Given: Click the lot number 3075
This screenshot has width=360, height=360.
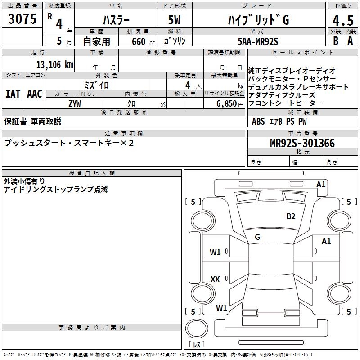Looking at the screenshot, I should click(x=22, y=19).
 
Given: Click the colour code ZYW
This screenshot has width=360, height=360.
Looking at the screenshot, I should click(x=75, y=104).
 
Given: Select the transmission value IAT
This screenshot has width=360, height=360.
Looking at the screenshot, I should click(x=13, y=94).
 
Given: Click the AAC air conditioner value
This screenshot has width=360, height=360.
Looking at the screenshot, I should click(x=35, y=94).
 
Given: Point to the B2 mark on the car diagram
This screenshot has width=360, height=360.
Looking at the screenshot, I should click(x=291, y=216).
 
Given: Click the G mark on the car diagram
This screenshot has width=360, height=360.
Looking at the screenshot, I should click(x=257, y=237).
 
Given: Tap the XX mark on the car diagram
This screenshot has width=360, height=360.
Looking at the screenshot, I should click(x=216, y=279).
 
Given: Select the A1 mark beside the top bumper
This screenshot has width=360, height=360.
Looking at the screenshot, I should click(x=321, y=184).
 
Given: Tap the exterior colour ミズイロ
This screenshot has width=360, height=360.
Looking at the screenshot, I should click(x=97, y=85).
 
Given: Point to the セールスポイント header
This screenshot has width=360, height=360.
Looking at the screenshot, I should click(x=303, y=53).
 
